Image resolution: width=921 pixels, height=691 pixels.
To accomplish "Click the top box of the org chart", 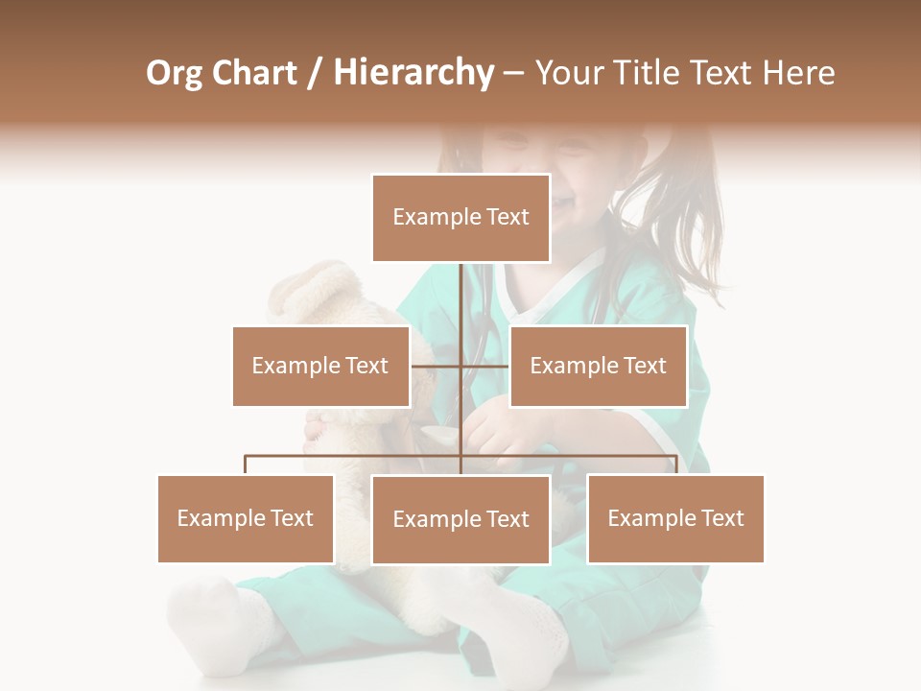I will click(x=460, y=218).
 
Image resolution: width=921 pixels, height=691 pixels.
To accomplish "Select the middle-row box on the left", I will click(x=320, y=366).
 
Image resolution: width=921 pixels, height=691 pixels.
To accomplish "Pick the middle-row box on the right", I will click(x=598, y=366).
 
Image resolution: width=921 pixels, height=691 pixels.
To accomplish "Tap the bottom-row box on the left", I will click(x=246, y=518).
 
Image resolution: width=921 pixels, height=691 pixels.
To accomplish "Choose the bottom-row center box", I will click(x=460, y=519).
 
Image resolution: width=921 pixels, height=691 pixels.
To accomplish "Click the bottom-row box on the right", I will click(x=675, y=518).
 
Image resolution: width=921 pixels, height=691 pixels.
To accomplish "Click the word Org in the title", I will click(x=174, y=73).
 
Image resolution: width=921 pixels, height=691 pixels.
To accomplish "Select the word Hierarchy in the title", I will click(x=413, y=73).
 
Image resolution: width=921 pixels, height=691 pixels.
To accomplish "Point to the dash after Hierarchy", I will click(x=513, y=73).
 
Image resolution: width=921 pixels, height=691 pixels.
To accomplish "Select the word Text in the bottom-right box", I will click(x=722, y=518).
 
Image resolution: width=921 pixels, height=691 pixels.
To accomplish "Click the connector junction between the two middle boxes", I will click(x=460, y=366).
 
